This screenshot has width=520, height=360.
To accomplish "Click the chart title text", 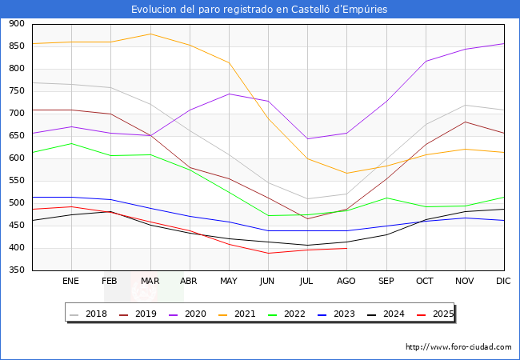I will [x=259, y=10].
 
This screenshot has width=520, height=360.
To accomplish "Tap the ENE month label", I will [x=71, y=282].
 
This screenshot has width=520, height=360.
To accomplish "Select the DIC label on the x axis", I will [x=503, y=282].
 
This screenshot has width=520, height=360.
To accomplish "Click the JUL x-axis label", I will [x=307, y=282].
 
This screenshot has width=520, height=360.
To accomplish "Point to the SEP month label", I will [x=386, y=282].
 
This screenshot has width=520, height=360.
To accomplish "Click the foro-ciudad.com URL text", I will [x=458, y=347].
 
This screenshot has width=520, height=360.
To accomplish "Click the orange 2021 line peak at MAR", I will [x=150, y=34].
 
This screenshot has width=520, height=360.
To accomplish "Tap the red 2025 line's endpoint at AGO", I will [x=346, y=248].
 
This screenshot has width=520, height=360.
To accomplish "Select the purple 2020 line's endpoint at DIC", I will [x=503, y=44].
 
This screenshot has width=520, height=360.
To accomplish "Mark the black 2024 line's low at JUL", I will [x=307, y=246].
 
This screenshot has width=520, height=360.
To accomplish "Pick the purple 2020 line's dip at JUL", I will [x=307, y=139].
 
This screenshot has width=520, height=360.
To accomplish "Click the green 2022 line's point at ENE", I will [x=71, y=144].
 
